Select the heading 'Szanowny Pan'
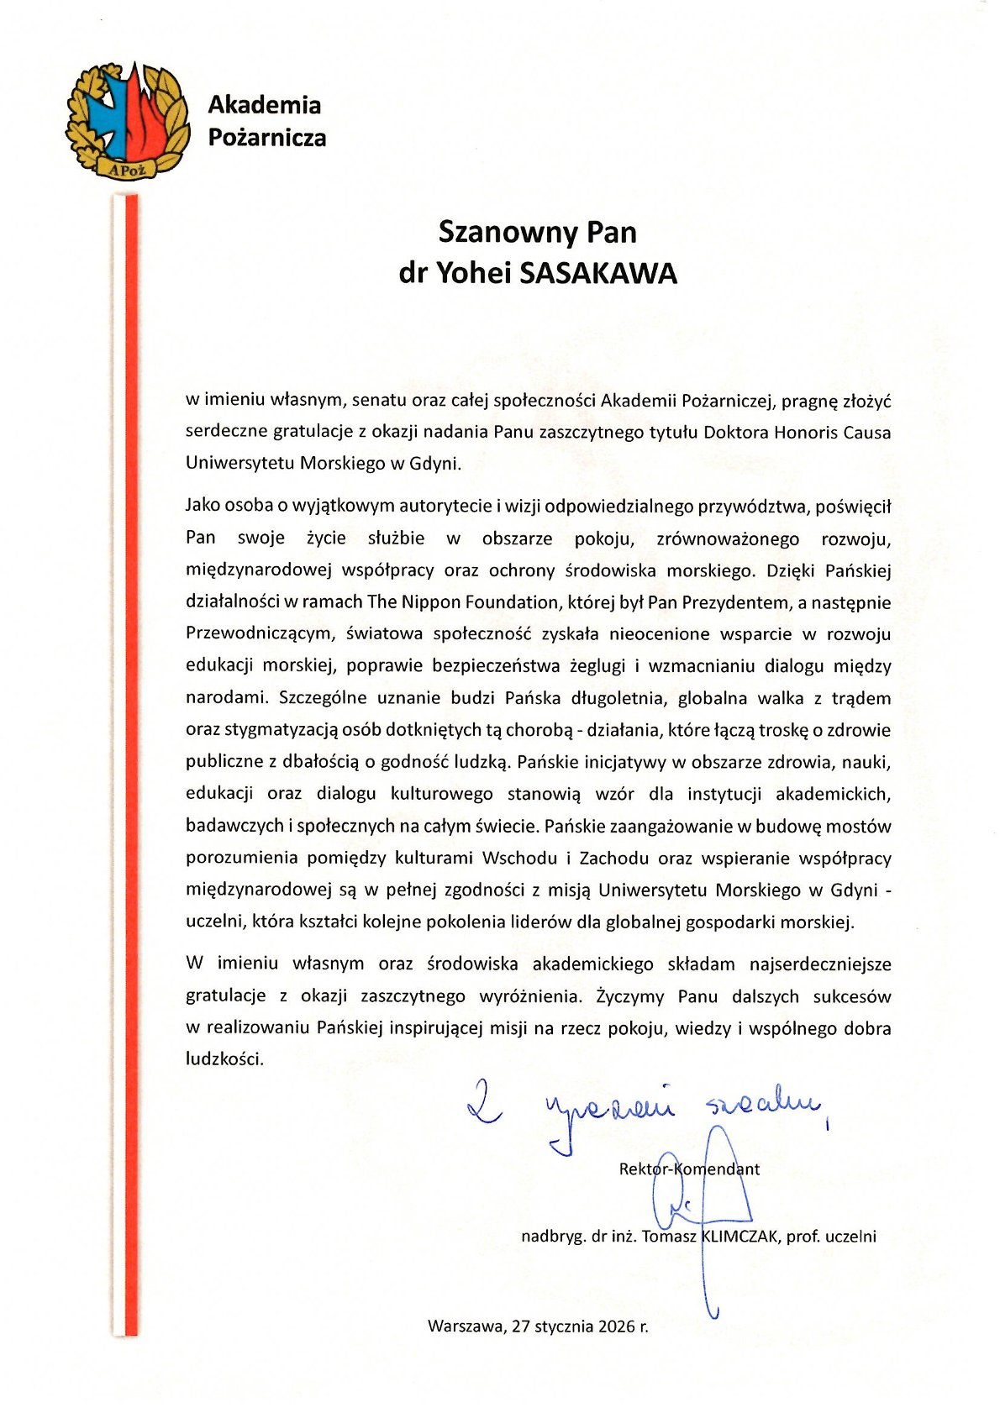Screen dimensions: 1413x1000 (537, 232)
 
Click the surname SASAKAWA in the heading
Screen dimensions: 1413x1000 (598, 274)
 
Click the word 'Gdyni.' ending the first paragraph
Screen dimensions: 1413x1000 (435, 463)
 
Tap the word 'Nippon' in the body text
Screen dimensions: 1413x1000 (425, 601)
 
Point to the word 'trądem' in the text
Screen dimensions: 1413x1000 (861, 697)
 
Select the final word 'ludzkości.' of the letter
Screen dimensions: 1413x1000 (224, 1058)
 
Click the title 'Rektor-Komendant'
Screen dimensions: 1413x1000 (689, 1169)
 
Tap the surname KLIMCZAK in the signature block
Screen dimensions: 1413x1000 (740, 1236)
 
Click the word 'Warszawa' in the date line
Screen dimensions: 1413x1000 (466, 1326)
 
